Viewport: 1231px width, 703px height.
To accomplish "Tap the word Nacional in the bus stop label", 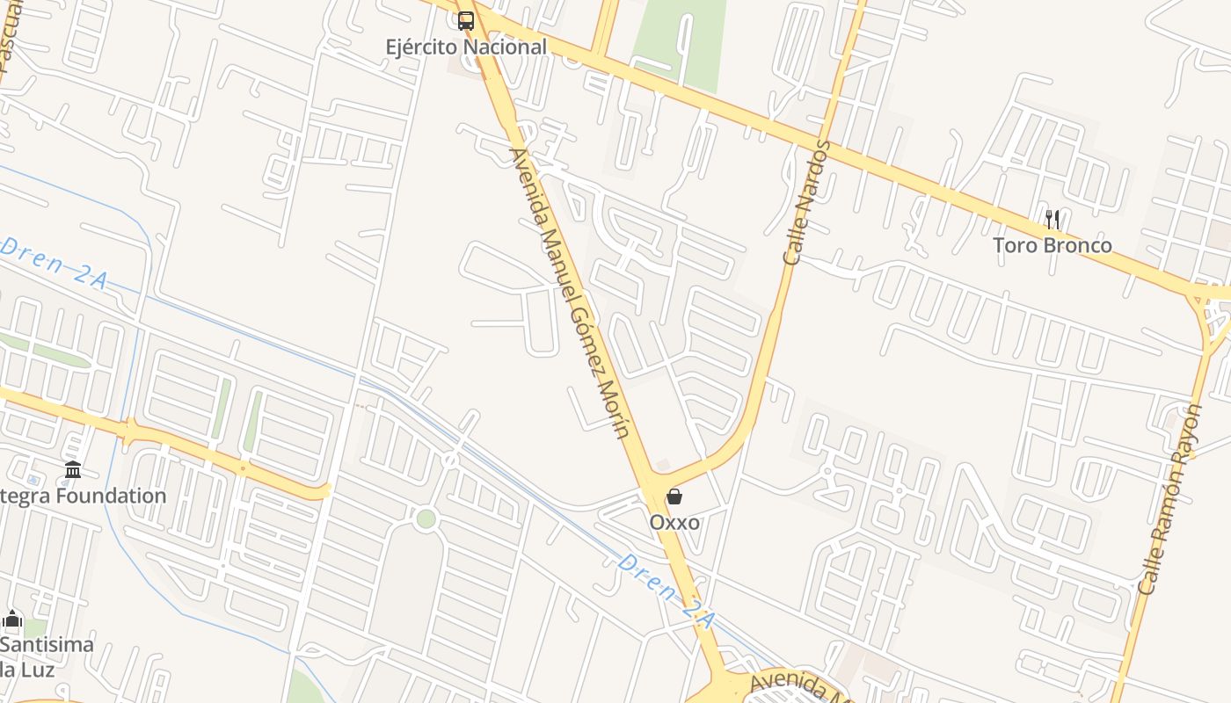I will (507, 47).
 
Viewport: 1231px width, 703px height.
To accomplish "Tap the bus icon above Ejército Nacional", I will (466, 20).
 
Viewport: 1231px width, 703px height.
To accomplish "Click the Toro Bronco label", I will (1053, 245).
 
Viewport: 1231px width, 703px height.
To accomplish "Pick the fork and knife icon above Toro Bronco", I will (1052, 219).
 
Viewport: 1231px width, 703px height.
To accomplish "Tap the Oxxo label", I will (674, 523).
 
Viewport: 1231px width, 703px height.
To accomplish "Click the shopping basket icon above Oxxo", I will (674, 496).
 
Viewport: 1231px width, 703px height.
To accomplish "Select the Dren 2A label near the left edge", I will (55, 261).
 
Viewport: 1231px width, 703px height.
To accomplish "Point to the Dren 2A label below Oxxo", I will (666, 591).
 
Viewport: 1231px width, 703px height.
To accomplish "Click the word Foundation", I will (111, 496).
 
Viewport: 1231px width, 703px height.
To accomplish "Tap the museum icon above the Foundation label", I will (73, 470).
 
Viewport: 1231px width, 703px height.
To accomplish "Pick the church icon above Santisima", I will (12, 619).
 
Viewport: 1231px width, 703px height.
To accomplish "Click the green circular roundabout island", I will (426, 518).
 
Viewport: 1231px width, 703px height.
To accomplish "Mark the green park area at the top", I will (681, 44).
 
